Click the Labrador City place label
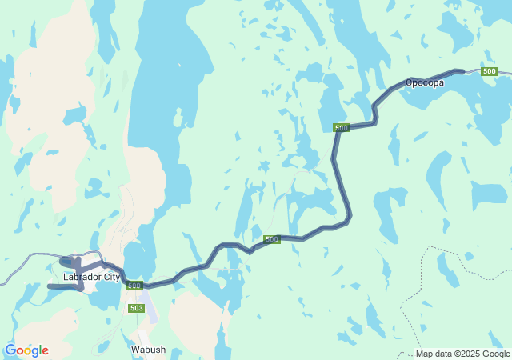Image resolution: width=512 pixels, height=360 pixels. (91, 277)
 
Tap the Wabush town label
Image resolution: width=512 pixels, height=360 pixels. (148, 350)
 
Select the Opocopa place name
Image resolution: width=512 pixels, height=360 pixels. (424, 82)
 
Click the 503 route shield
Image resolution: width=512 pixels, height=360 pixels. (135, 308)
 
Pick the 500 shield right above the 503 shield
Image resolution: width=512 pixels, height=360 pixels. (134, 286)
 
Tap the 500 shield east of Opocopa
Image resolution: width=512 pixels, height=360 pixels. (490, 72)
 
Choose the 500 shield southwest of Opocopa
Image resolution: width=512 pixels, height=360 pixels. (342, 128)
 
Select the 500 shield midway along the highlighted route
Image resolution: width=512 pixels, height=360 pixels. (272, 239)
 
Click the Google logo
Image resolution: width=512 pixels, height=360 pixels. (26, 350)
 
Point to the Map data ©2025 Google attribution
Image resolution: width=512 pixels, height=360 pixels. (462, 354)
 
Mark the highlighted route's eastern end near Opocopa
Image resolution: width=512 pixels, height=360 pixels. (462, 72)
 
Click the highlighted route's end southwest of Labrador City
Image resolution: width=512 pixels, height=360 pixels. (50, 286)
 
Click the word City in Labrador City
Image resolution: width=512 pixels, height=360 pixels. (112, 277)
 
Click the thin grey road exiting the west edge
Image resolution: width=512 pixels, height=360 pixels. (4, 282)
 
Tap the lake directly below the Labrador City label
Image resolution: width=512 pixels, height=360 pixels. (104, 296)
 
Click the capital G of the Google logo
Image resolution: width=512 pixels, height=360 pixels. (10, 350)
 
